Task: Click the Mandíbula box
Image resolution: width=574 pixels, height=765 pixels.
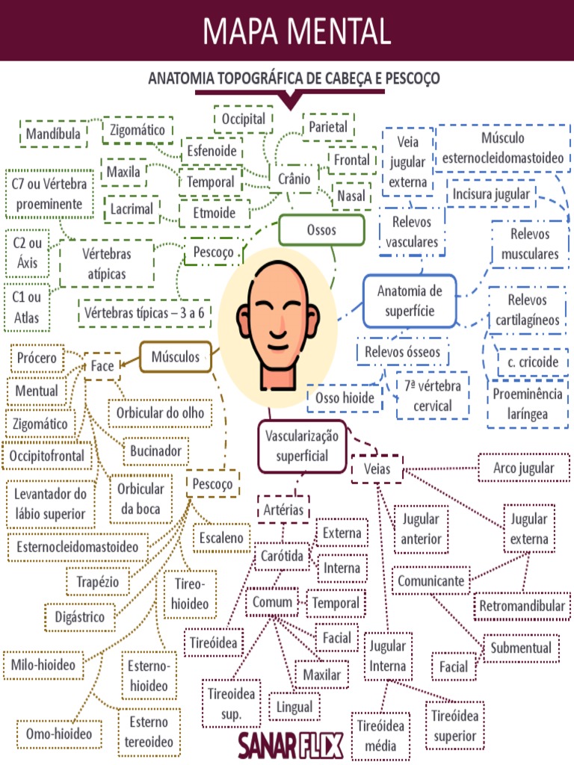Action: (x=52, y=134)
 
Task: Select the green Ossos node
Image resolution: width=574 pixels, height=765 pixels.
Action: (x=321, y=230)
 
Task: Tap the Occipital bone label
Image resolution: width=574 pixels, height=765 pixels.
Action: (x=244, y=119)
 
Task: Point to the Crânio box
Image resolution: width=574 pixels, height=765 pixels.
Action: (x=293, y=179)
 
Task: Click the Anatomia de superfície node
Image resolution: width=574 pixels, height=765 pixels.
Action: (x=410, y=300)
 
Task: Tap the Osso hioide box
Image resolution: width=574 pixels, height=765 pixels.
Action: (x=345, y=398)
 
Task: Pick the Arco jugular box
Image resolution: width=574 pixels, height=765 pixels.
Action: (x=524, y=468)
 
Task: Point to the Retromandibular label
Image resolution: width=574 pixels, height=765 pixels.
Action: (x=522, y=606)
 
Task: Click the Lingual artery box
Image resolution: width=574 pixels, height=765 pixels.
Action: (x=294, y=707)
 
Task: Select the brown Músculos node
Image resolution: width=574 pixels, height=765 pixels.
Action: (x=176, y=357)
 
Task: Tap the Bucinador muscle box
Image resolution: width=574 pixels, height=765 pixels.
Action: (x=155, y=451)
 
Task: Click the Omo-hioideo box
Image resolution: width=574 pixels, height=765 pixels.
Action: (x=59, y=734)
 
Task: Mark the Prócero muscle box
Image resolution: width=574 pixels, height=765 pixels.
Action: (x=37, y=359)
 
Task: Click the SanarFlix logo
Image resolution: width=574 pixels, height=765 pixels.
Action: (x=291, y=745)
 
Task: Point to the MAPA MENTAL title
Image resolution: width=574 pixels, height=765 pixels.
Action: (x=297, y=31)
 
